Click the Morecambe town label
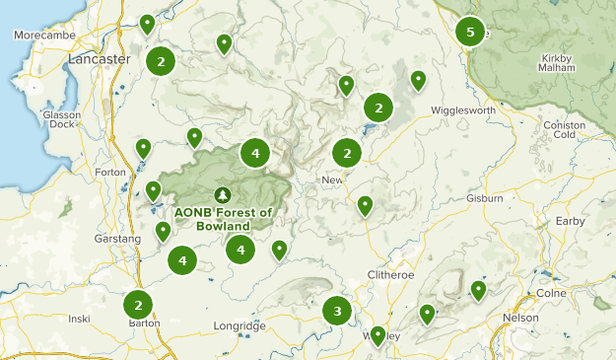[38, 36]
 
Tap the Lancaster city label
[100, 59]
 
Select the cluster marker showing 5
[470, 33]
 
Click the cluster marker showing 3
[337, 312]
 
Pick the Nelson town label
[520, 318]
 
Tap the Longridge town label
[240, 325]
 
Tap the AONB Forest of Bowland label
[223, 217]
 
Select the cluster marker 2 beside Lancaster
[160, 61]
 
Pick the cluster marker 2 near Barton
[139, 305]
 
